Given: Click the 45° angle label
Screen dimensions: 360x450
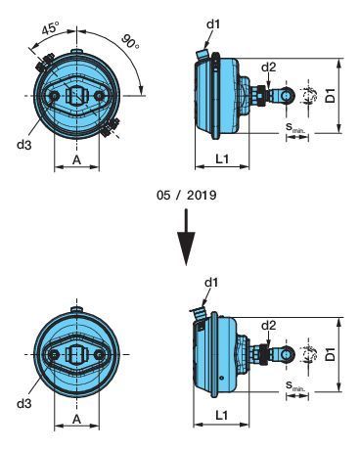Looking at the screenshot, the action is (x=51, y=28).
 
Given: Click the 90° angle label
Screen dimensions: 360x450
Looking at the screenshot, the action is (x=131, y=42).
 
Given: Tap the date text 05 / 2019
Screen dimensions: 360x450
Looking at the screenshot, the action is (x=187, y=195).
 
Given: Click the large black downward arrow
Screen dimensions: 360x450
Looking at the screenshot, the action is (x=186, y=237).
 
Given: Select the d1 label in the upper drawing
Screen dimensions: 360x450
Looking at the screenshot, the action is (x=213, y=23).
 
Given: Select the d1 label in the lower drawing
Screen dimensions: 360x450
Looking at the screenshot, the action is (x=211, y=283).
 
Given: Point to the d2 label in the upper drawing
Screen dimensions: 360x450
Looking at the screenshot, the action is (x=269, y=67).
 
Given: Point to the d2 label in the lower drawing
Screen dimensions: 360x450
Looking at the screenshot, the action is (x=269, y=325).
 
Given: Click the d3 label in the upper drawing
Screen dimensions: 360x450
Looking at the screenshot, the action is (x=24, y=145).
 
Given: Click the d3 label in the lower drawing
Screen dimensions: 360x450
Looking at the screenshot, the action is (x=24, y=403).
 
